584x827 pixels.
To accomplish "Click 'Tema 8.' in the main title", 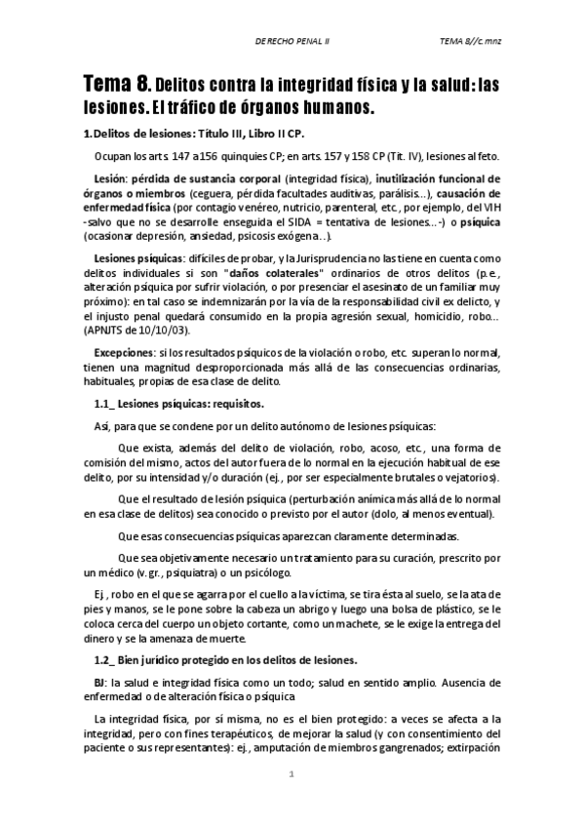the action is tap(114, 85).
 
